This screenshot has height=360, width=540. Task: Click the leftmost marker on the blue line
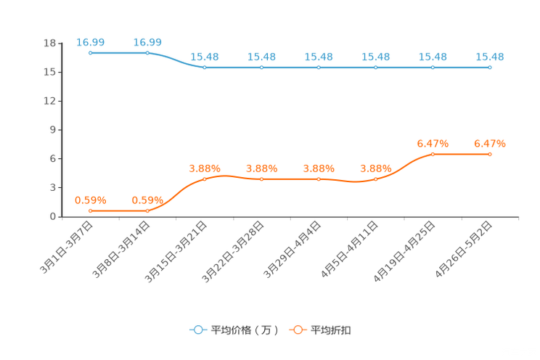[x=90, y=53]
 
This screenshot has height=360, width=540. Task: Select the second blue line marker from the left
[x=147, y=53]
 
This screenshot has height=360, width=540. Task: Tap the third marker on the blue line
[x=205, y=67]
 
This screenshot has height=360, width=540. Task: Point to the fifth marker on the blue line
[x=319, y=67]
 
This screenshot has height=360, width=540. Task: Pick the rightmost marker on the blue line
[x=490, y=67]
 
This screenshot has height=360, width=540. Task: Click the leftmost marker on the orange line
[x=90, y=211]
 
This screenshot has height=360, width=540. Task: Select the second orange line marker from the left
[x=147, y=211]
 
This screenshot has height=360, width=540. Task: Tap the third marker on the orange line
[x=205, y=179]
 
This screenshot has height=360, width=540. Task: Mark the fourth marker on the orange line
[x=261, y=179]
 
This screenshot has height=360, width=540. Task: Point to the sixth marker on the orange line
[x=376, y=179]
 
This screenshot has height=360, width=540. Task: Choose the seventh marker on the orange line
[x=433, y=154]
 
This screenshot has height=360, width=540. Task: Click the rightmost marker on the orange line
[x=490, y=154]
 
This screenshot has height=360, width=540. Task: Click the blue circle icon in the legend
[x=197, y=330]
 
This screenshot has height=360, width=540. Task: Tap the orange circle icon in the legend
[x=298, y=330]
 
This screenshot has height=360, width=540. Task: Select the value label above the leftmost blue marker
[x=90, y=42]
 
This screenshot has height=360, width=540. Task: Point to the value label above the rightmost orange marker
[x=490, y=143]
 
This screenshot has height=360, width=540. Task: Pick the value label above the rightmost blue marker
[x=490, y=57]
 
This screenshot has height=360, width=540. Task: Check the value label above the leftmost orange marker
[x=90, y=200]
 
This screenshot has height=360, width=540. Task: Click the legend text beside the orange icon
[x=332, y=330]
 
